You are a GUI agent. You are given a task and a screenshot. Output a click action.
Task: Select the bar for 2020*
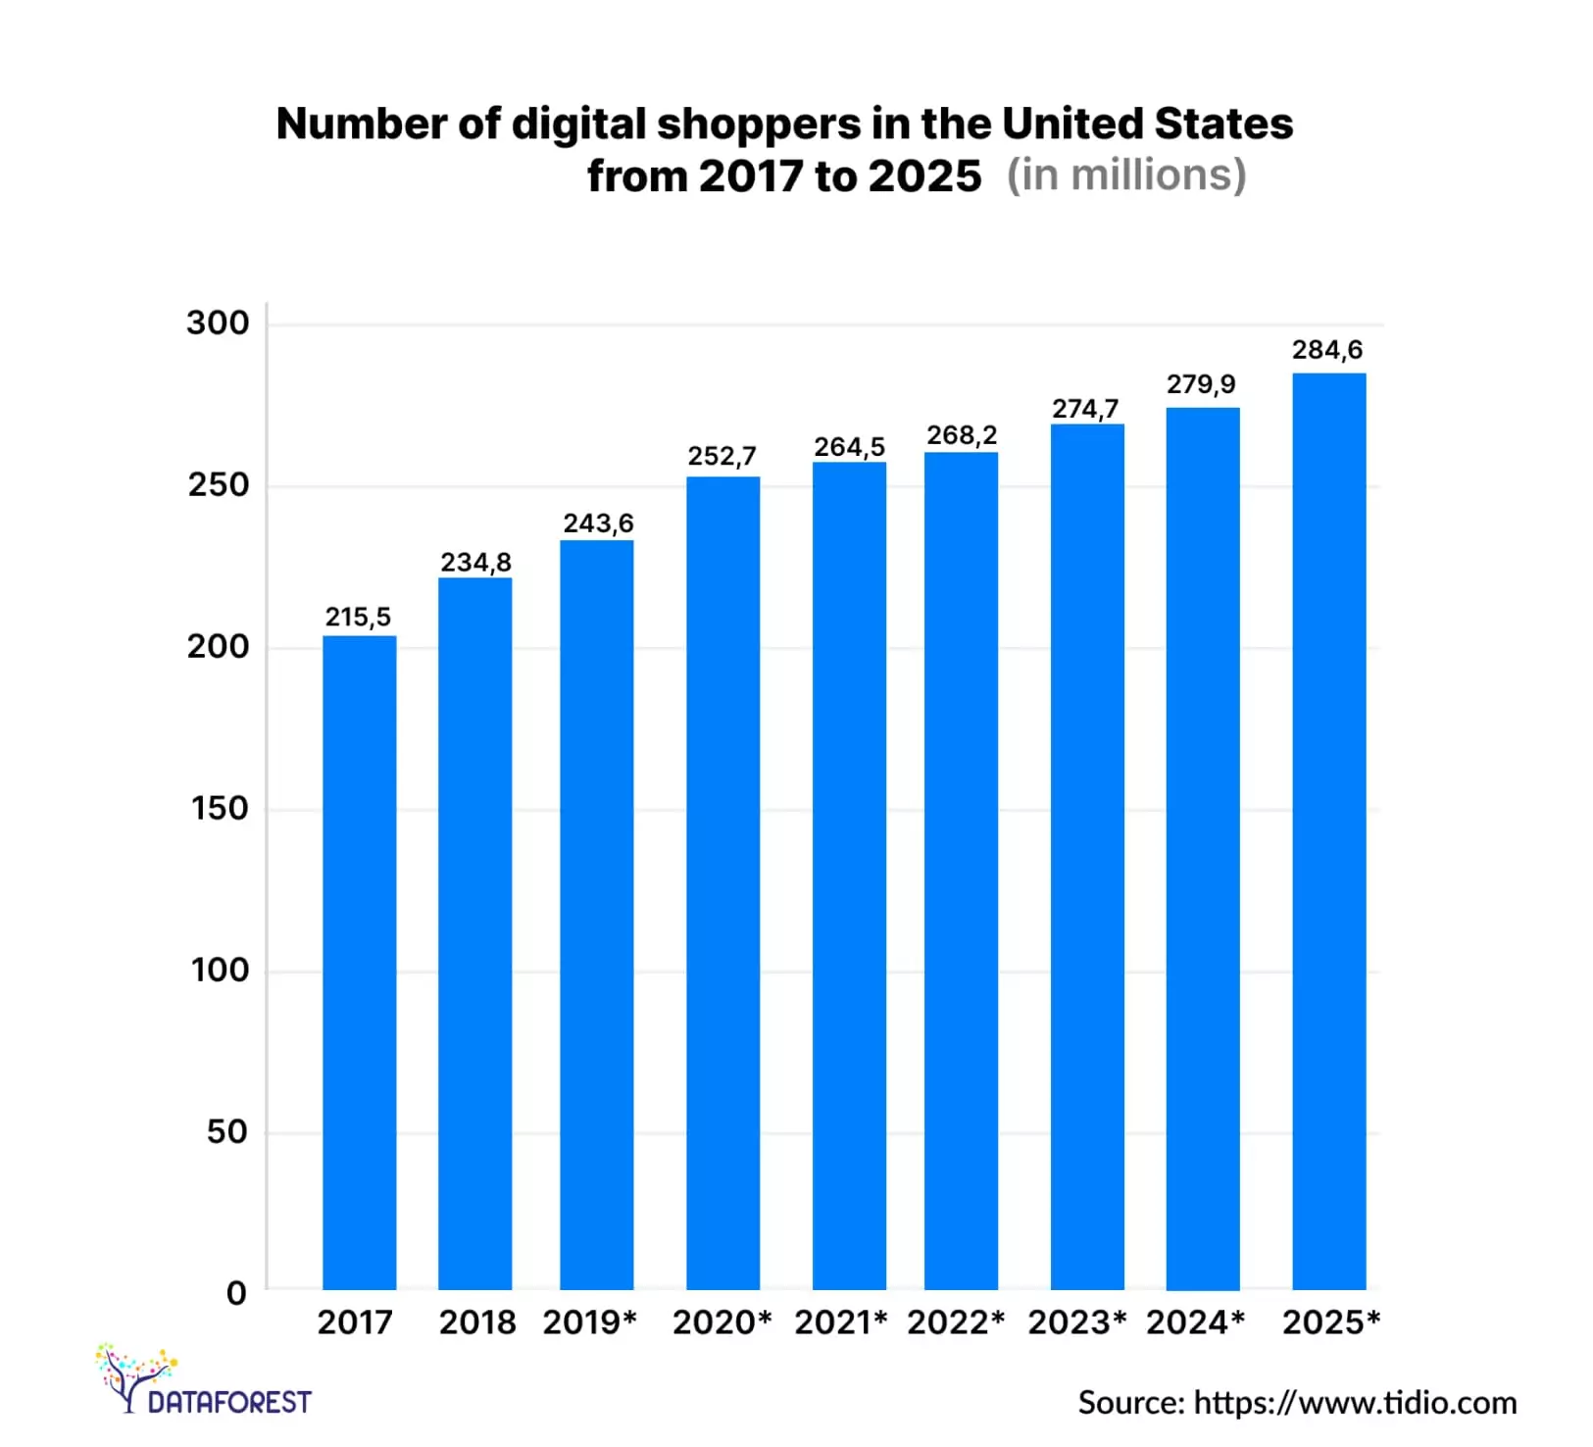(x=722, y=882)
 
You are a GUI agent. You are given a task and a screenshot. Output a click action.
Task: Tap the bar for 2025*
(x=1328, y=830)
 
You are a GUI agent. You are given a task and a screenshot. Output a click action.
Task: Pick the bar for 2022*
(x=961, y=870)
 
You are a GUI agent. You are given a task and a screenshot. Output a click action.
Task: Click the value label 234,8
(x=475, y=563)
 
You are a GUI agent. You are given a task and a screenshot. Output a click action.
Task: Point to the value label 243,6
(x=598, y=524)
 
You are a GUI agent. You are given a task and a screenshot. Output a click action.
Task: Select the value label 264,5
(x=849, y=447)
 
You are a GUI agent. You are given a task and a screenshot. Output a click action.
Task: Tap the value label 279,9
(x=1201, y=384)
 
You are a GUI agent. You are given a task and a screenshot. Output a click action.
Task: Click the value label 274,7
(x=1085, y=409)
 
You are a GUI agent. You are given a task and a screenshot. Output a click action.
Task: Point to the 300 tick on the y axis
(x=218, y=324)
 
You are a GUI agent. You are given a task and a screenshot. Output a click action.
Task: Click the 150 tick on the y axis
(x=220, y=809)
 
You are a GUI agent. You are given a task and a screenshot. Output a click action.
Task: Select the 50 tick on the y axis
(x=226, y=1132)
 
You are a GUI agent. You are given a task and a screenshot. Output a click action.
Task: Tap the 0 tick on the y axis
(x=236, y=1293)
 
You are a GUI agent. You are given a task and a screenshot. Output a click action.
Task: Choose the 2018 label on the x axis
(x=477, y=1322)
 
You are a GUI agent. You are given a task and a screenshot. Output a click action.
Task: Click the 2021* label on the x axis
(x=841, y=1322)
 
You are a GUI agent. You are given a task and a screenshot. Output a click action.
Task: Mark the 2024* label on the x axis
(x=1195, y=1322)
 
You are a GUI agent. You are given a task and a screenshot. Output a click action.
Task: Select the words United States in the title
(x=1147, y=125)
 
